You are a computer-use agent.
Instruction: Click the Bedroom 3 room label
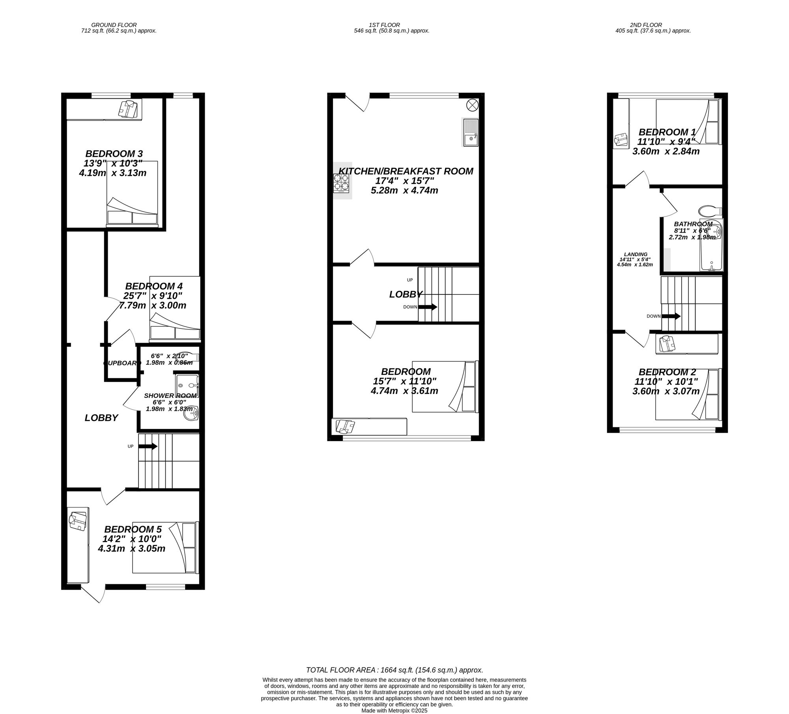click(x=114, y=154)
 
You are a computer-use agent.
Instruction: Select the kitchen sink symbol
click(x=471, y=132)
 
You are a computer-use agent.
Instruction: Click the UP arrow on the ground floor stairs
click(x=148, y=446)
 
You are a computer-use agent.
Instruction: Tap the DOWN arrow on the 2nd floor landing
click(x=671, y=316)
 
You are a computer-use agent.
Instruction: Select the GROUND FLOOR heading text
click(x=114, y=25)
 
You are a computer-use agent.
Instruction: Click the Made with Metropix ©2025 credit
click(x=394, y=710)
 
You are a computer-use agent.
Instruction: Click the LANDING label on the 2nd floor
click(x=636, y=254)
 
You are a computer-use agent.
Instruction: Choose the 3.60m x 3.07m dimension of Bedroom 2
click(x=666, y=391)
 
